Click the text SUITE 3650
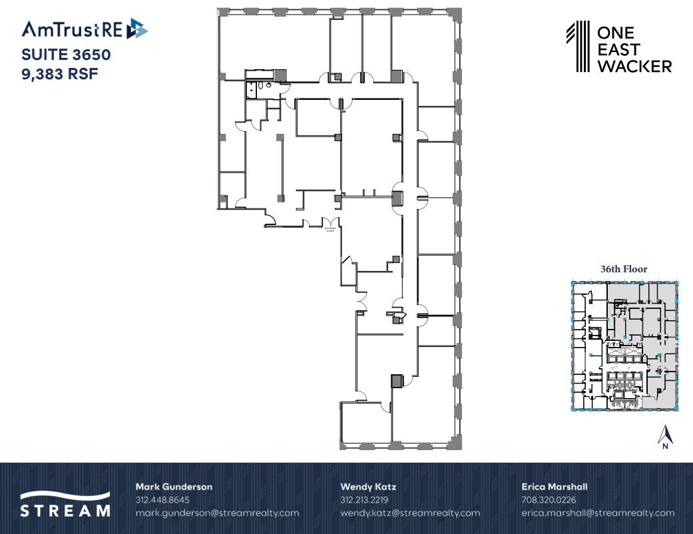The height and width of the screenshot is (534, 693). point(66,55)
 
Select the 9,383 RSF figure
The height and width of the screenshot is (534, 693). point(60,74)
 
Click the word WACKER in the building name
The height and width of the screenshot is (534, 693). point(634,66)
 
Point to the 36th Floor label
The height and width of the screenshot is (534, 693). point(624,269)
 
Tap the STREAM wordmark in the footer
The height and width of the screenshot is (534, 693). point(65,511)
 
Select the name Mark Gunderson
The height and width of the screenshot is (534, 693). point(174,487)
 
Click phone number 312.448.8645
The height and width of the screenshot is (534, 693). point(162,499)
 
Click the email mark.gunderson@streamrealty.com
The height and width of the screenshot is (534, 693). point(217,513)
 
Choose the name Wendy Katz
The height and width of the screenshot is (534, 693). point(368,487)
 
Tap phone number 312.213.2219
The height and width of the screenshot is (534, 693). point(364,499)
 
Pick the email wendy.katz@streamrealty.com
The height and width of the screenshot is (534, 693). point(410,513)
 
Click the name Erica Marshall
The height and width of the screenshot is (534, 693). point(555,487)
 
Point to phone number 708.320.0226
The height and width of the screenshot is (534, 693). point(549,499)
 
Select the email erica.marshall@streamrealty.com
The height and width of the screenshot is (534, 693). point(598,513)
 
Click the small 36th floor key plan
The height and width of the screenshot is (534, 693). point(624,344)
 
